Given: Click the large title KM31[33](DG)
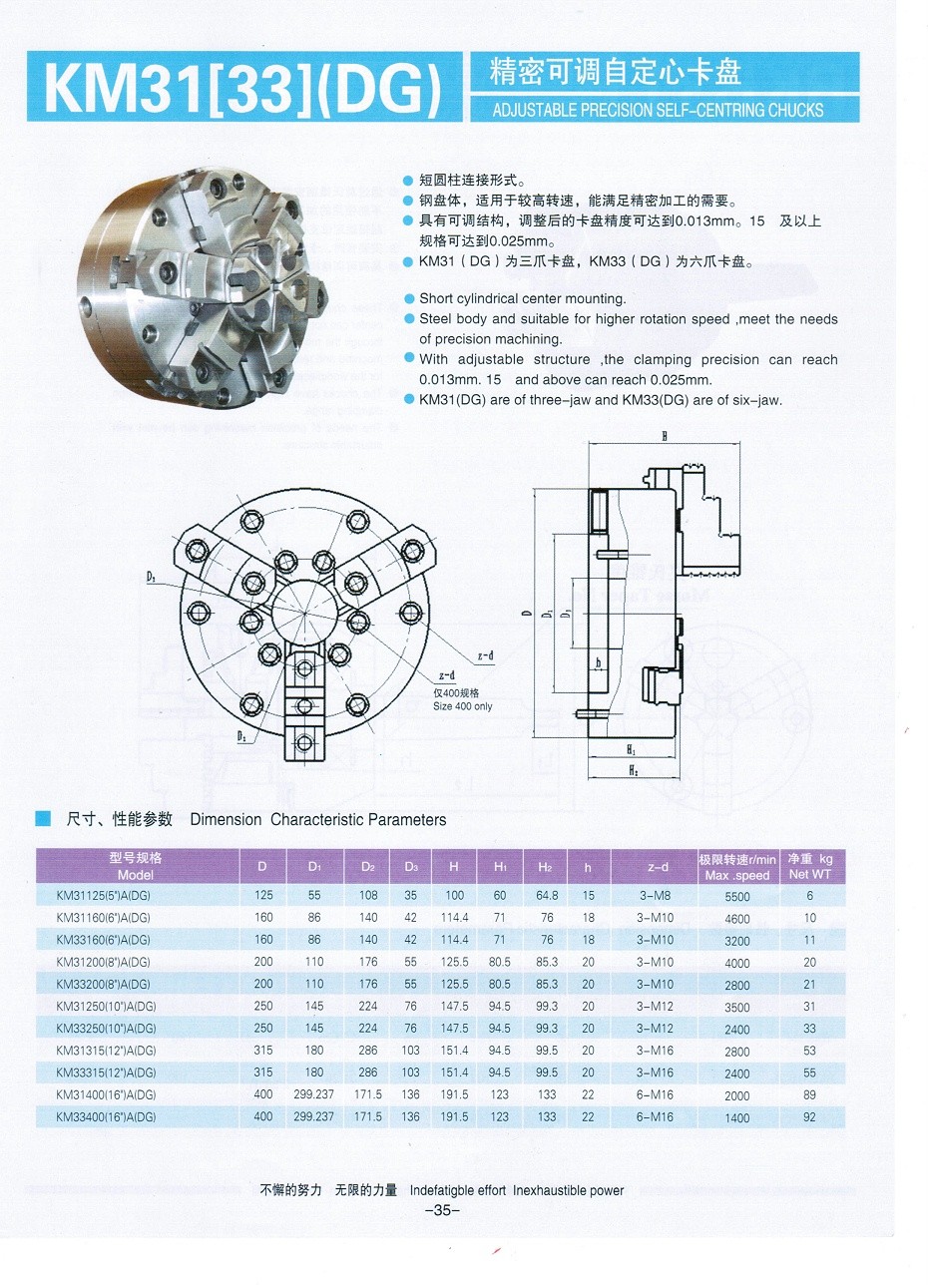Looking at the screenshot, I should [x=241, y=91].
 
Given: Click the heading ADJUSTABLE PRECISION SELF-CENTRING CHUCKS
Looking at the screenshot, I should [x=658, y=110].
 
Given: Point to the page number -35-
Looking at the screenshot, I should [x=441, y=1211].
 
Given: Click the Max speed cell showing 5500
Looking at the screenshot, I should [x=737, y=896].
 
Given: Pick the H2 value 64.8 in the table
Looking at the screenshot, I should [x=546, y=896].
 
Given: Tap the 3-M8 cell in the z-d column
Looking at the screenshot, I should [x=655, y=896].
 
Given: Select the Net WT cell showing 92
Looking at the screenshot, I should [x=809, y=1116].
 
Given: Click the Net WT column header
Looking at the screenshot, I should [x=809, y=866].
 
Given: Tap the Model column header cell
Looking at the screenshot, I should [x=136, y=866].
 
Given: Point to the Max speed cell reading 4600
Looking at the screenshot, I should [x=737, y=918].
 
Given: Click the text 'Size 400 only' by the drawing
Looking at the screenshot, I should [x=462, y=706].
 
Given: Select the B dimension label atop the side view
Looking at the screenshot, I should [x=663, y=436].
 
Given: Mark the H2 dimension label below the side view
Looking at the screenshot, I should [x=632, y=771].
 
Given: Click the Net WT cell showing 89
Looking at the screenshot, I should [x=809, y=1094].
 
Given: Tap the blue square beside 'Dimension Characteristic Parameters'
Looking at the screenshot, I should [x=43, y=819].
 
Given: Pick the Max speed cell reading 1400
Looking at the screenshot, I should [x=737, y=1116].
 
